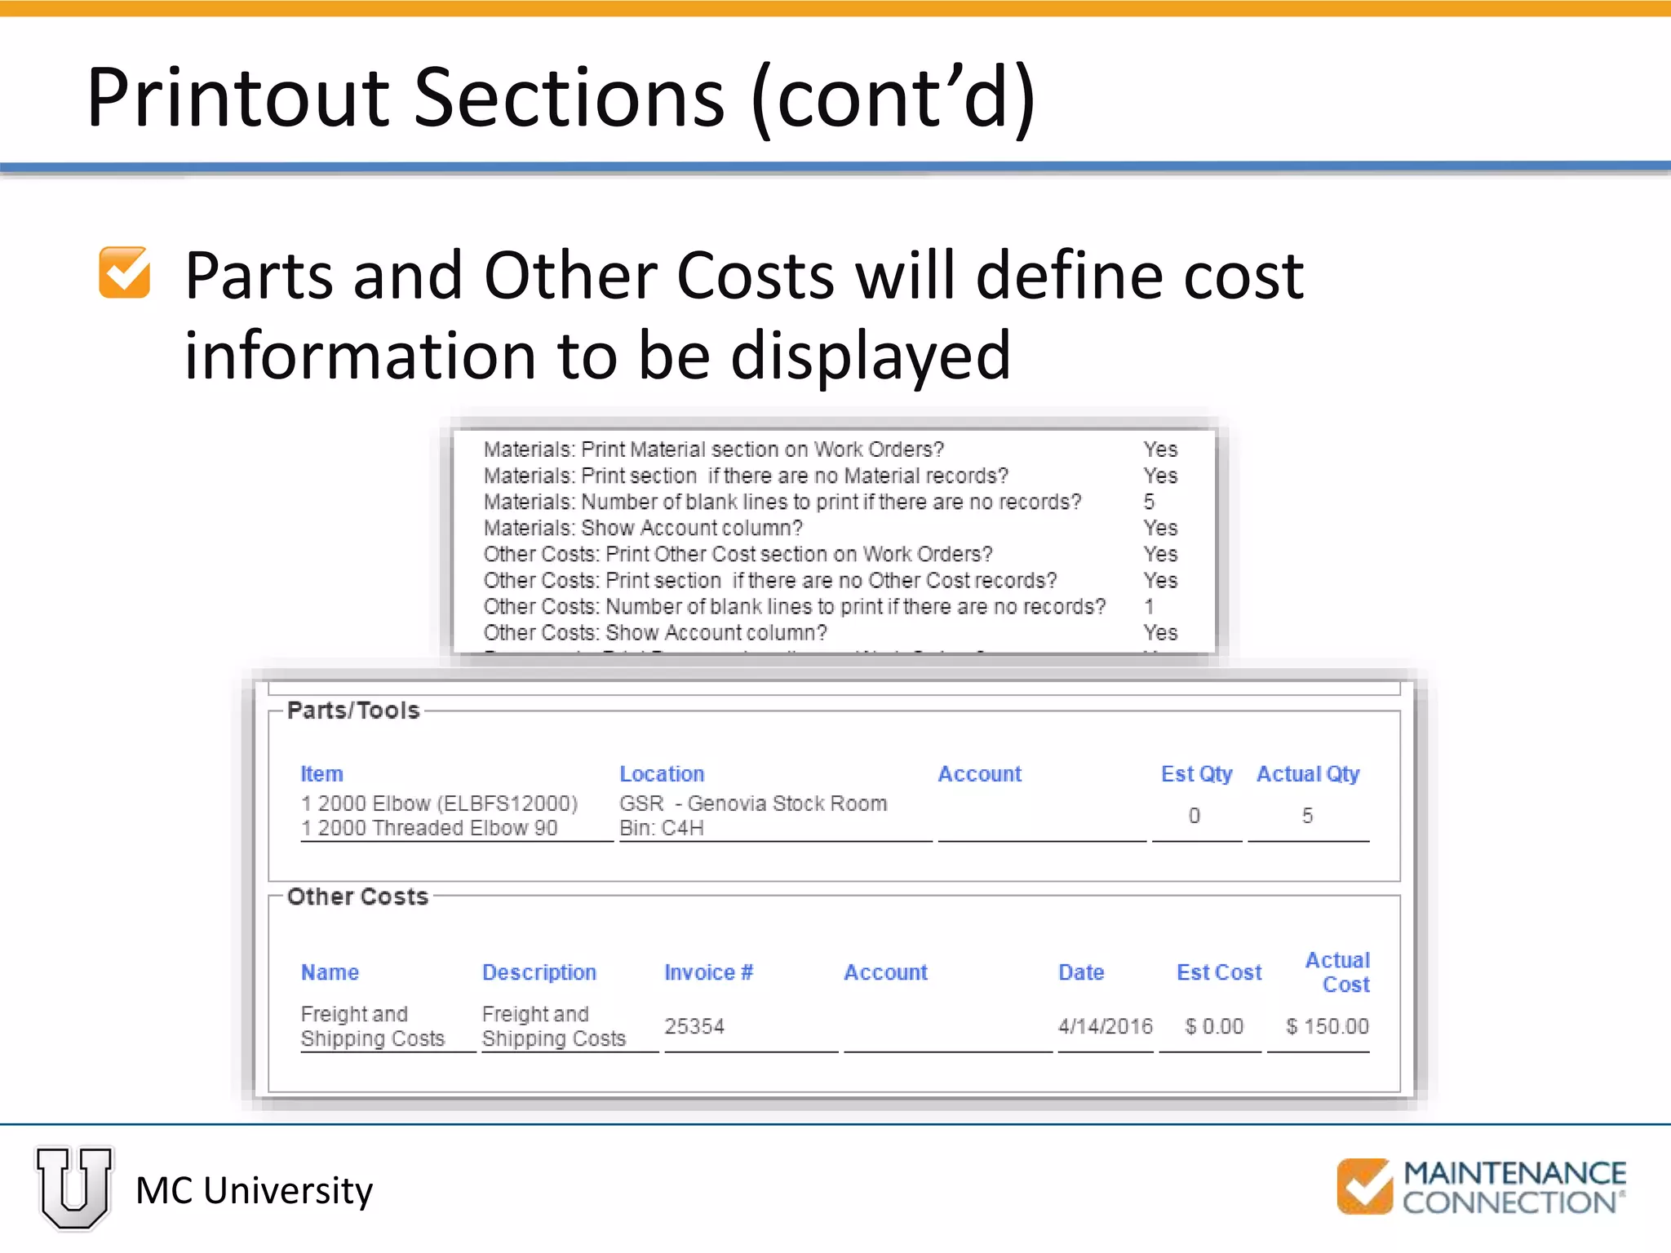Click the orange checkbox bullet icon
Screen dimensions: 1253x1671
(124, 273)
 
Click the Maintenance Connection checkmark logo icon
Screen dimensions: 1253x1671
(1364, 1186)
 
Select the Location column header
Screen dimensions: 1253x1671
(662, 773)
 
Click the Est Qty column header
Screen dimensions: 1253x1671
(1196, 773)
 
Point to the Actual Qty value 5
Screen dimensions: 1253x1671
(1307, 816)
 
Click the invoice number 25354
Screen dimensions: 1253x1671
(694, 1026)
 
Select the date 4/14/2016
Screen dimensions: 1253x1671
(1105, 1026)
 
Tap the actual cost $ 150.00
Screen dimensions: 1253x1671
(1327, 1026)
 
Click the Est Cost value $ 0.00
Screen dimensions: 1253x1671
(1214, 1026)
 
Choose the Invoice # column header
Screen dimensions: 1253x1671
(708, 972)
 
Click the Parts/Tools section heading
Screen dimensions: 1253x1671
(353, 711)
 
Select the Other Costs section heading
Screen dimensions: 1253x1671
(357, 897)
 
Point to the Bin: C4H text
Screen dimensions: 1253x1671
(662, 828)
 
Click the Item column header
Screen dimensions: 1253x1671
(321, 773)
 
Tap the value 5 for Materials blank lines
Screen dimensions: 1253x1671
(1149, 502)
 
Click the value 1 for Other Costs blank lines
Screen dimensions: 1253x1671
(1149, 606)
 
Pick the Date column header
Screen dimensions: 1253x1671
(1081, 972)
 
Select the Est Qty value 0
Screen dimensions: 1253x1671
(1195, 816)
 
